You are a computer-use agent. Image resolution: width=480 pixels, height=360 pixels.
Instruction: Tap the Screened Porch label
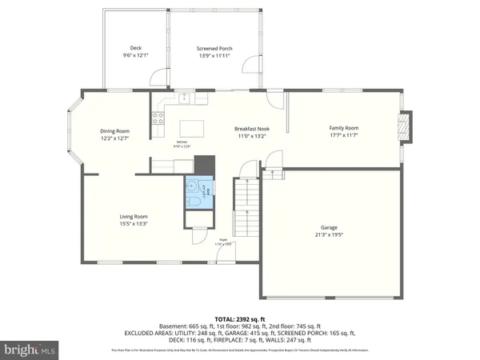pos(214,49)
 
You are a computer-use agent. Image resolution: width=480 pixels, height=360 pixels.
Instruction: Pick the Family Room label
pos(344,128)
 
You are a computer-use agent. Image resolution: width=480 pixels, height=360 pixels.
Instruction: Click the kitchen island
pos(190,128)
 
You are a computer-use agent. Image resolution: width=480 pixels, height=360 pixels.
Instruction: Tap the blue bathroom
pos(199,192)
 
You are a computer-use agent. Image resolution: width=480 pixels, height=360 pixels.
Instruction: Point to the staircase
pos(246,204)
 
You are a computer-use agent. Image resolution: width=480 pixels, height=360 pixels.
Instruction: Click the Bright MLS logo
pos(30,349)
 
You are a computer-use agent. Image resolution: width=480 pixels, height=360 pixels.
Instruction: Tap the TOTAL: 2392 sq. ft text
pos(240,318)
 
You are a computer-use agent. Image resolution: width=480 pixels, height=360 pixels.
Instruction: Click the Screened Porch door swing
pos(254,65)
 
